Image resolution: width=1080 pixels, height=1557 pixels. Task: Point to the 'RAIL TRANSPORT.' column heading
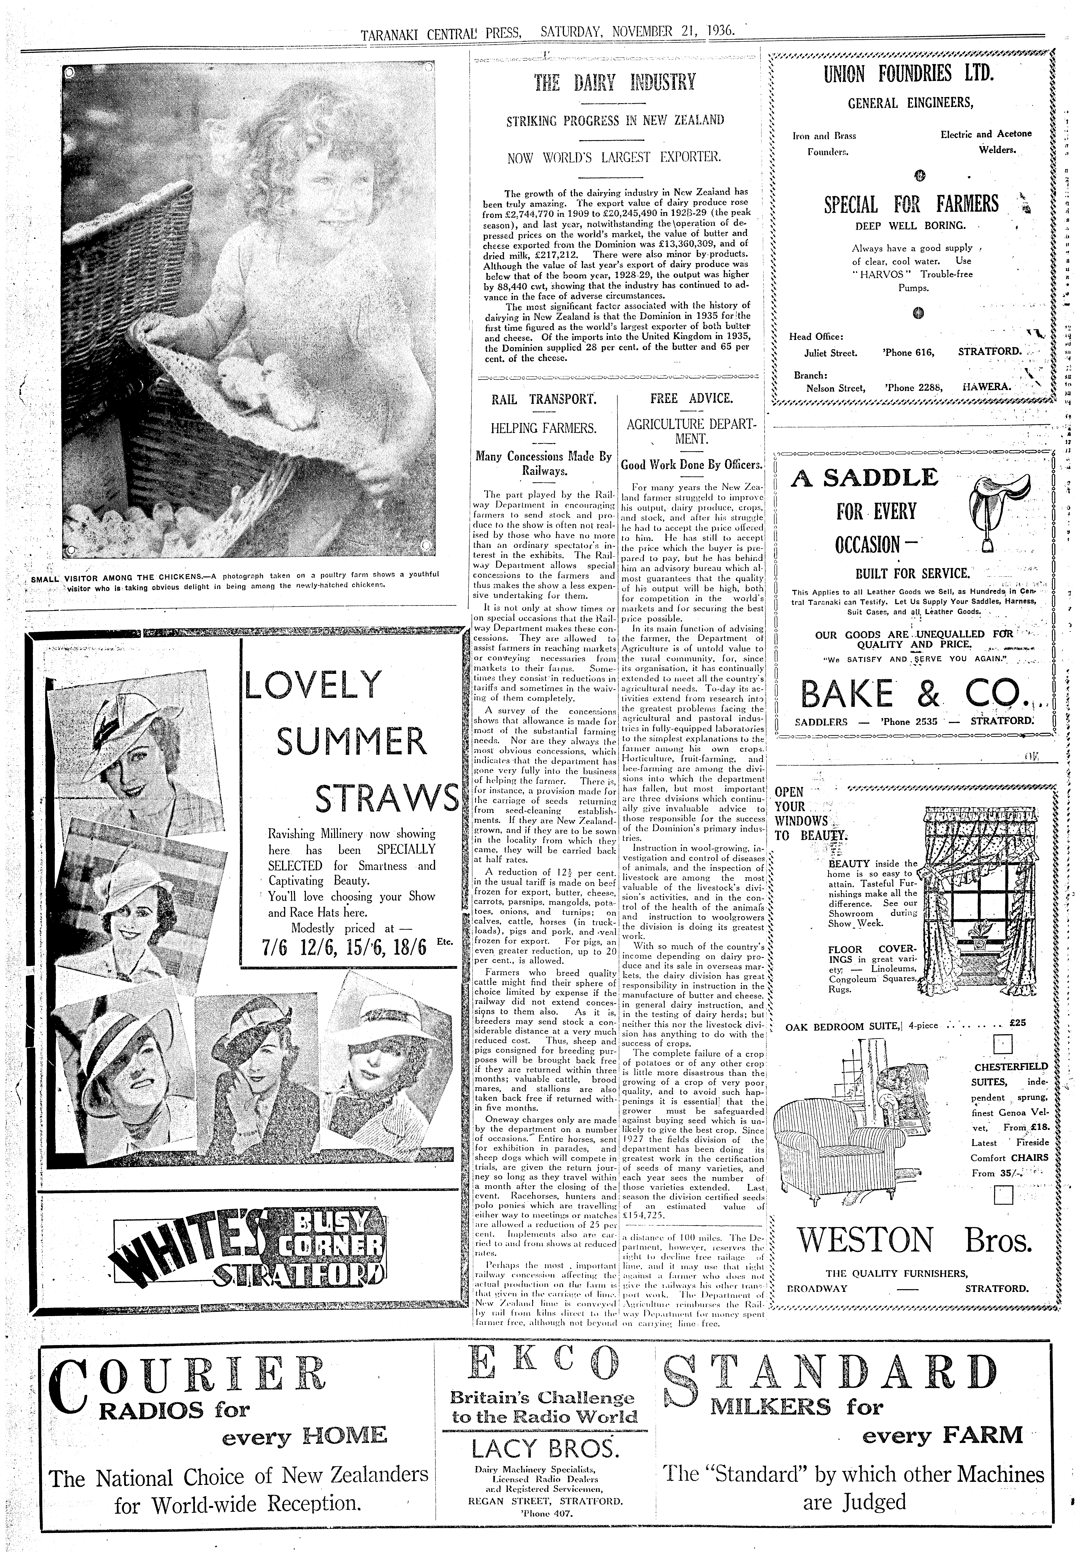coord(544,399)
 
